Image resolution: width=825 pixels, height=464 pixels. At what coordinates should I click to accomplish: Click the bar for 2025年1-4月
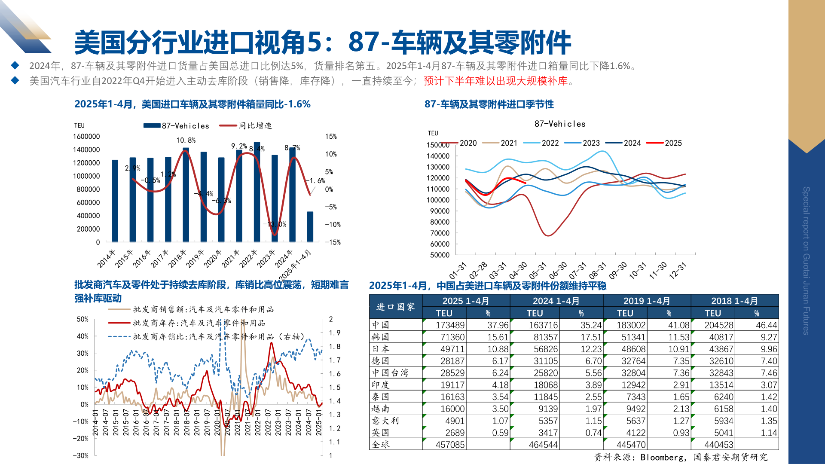click(310, 226)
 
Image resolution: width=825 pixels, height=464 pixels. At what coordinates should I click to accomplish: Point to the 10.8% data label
click(186, 140)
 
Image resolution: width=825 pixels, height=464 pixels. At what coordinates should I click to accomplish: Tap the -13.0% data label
click(275, 224)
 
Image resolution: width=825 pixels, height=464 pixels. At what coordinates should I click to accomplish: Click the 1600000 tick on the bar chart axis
click(86, 137)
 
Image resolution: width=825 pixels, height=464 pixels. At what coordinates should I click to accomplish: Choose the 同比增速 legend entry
click(246, 125)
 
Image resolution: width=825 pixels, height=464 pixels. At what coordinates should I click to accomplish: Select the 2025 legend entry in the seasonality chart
click(664, 143)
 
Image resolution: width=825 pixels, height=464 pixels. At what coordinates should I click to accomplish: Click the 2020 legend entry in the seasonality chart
click(459, 143)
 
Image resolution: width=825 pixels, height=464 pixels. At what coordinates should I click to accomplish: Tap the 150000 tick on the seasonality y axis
click(438, 145)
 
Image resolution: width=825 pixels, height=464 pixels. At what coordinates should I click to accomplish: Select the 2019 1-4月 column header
click(647, 301)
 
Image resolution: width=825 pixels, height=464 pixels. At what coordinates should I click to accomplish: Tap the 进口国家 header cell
click(395, 307)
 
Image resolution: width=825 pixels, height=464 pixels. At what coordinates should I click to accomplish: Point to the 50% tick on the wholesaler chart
click(82, 319)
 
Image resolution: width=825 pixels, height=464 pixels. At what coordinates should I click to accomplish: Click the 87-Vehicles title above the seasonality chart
click(560, 124)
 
